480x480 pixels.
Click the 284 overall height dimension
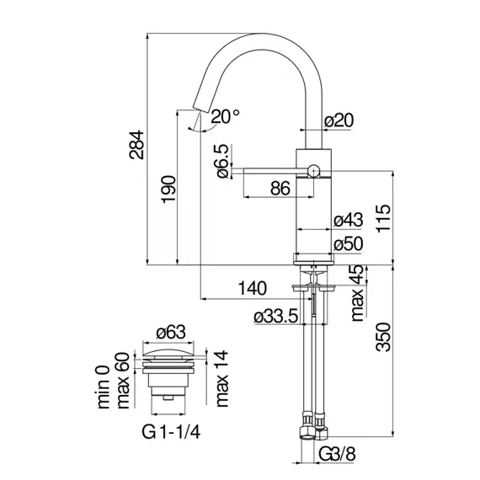click(136, 145)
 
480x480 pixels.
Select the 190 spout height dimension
click(169, 189)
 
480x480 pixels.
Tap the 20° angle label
click(226, 117)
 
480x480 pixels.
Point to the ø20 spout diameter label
click(339, 120)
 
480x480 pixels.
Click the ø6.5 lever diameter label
click(222, 161)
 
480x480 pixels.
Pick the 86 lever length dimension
click(280, 189)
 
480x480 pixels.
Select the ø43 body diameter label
click(348, 220)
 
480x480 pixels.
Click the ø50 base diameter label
click(348, 244)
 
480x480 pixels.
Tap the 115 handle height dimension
click(384, 218)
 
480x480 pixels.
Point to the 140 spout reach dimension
click(253, 288)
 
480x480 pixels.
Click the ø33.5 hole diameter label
click(276, 317)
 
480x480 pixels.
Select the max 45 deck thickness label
click(358, 293)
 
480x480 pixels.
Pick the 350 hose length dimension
click(384, 337)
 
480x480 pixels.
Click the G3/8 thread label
click(338, 454)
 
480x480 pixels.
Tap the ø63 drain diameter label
click(171, 332)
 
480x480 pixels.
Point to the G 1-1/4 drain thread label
click(171, 433)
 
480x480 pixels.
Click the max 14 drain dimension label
click(222, 379)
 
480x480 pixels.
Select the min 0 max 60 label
click(114, 381)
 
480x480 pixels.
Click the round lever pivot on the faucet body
click(314, 170)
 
